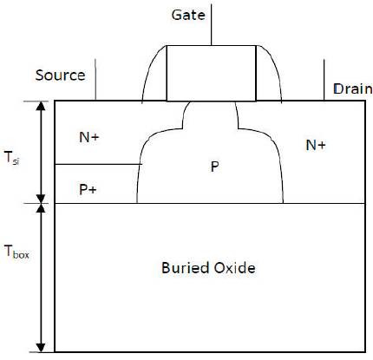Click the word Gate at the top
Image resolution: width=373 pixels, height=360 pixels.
[x=188, y=15]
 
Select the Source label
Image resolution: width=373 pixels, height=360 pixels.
[x=60, y=75]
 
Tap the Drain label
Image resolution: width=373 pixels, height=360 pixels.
[x=353, y=88]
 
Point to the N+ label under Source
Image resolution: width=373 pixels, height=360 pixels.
[x=89, y=137]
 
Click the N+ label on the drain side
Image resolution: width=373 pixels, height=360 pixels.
[x=316, y=145]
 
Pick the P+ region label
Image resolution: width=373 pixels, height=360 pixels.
[x=88, y=190]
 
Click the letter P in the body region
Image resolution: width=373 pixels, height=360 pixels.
[x=214, y=167]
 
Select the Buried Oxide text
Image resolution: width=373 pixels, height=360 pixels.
[x=208, y=268]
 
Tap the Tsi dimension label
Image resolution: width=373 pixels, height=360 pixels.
[x=12, y=159]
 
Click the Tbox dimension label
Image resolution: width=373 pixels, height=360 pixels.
[x=16, y=251]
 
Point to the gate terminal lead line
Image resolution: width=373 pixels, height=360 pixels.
[x=211, y=25]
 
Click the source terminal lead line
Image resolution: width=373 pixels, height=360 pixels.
[x=95, y=80]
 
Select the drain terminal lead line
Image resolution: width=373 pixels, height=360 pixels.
[x=324, y=80]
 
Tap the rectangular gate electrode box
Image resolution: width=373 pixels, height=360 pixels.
[x=212, y=73]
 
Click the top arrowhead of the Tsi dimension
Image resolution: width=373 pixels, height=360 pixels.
[x=42, y=106]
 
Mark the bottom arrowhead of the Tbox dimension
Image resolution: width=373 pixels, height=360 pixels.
[x=42, y=348]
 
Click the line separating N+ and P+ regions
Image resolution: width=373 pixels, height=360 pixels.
[x=98, y=164]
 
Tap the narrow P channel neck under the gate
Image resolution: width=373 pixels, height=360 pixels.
[x=211, y=115]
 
